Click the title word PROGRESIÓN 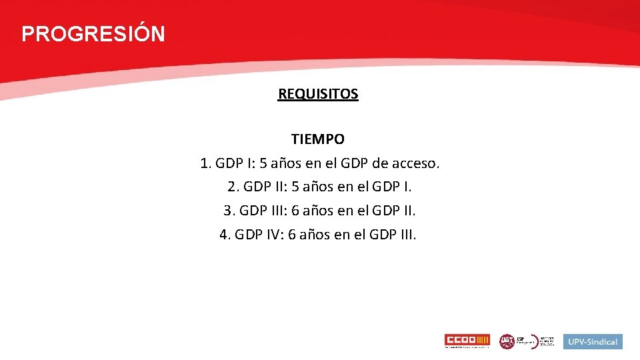[93, 34]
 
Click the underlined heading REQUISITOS [318, 94]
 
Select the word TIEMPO [318, 139]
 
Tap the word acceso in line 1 [417, 163]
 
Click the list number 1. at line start [205, 163]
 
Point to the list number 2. [233, 187]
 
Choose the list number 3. [229, 211]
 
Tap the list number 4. [225, 235]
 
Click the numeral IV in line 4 [271, 235]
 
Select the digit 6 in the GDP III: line [296, 211]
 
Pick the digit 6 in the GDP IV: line [293, 235]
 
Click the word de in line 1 [382, 163]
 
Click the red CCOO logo [467, 341]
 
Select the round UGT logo [507, 341]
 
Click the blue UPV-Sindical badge [593, 341]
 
